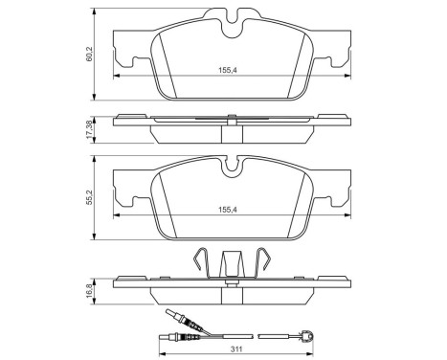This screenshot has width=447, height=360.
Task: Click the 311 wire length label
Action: point(236,349)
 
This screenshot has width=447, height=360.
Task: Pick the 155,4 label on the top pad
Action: point(227,71)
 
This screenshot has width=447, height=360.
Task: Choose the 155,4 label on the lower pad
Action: point(227,210)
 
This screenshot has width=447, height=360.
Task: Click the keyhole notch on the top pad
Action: point(232,25)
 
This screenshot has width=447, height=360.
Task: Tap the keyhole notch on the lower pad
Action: point(232,167)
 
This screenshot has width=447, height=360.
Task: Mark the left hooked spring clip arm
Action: point(201,260)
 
